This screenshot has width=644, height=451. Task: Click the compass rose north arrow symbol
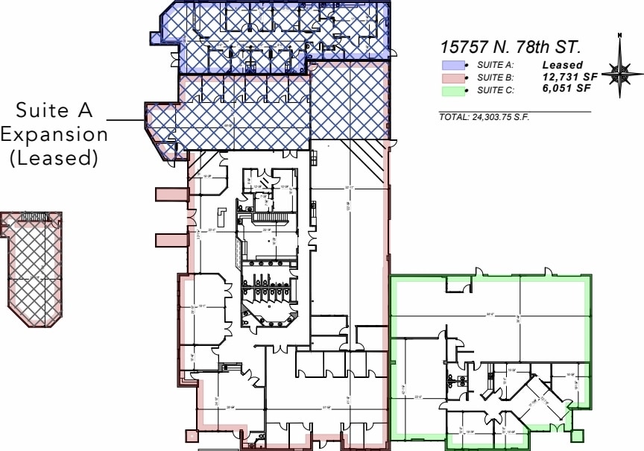coord(620,72)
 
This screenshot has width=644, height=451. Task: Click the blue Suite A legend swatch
coord(453,66)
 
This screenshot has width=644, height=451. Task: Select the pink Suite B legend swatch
coord(453,78)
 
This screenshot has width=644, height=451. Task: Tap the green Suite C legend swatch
coord(453,91)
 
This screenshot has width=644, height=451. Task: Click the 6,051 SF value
coord(566,88)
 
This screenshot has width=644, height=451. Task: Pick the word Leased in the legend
coord(562,65)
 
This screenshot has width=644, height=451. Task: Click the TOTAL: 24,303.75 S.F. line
coord(484,118)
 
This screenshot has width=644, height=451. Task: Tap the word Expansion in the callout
coord(54,135)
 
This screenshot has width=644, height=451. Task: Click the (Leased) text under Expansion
coord(54,157)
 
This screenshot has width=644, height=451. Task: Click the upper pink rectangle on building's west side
coord(171,195)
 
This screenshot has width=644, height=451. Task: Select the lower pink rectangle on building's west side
coord(171,240)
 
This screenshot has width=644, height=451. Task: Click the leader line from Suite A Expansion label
coord(125,120)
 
